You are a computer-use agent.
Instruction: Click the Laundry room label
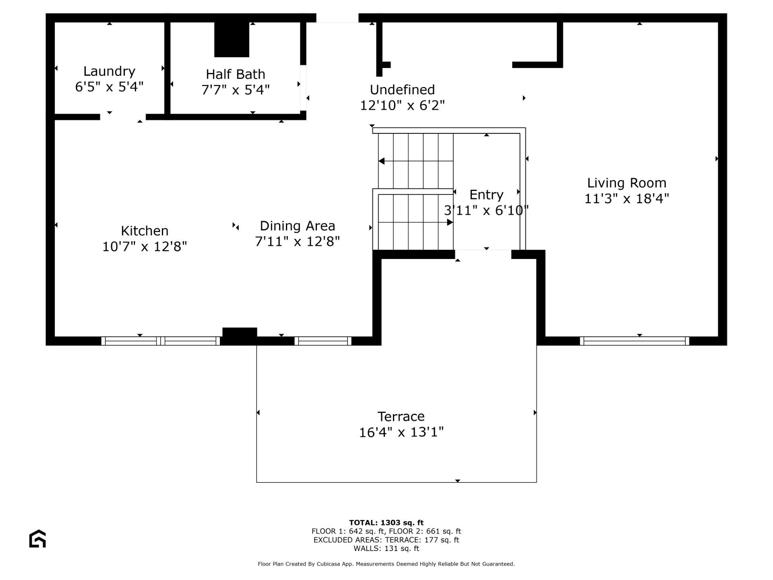109,71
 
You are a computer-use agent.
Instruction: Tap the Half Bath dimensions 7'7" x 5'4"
236,90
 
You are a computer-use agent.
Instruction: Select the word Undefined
402,89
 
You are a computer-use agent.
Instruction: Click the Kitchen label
145,231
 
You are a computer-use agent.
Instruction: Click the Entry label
486,195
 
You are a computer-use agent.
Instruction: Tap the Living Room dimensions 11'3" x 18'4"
626,199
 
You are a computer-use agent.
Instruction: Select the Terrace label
401,416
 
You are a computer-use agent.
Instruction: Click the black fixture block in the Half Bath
231,39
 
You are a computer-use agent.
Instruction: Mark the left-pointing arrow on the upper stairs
382,161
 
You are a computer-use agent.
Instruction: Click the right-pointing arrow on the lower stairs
450,222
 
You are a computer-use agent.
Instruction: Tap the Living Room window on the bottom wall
634,341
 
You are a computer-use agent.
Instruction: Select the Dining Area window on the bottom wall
323,341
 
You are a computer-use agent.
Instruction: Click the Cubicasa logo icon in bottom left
37,539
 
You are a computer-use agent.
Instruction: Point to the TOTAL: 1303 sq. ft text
386,523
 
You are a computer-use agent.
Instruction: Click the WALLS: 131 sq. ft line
386,549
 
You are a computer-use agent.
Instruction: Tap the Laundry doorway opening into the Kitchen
123,117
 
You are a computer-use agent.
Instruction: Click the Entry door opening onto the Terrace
483,254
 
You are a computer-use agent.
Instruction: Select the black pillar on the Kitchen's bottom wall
240,336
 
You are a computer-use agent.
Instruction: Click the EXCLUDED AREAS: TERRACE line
386,540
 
